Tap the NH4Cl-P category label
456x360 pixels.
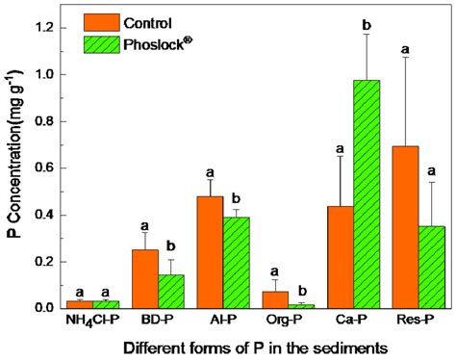[x=93, y=321]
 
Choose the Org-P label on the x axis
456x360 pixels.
[x=283, y=321]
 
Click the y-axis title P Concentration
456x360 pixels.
[x=13, y=167]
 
